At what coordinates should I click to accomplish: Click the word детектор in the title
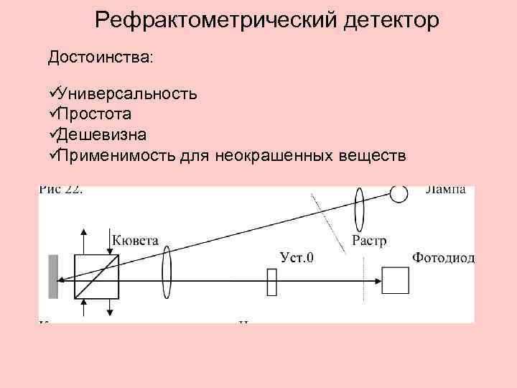381,20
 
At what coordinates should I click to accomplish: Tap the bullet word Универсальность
128,94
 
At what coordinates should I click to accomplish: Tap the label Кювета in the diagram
135,240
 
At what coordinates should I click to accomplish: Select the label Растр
369,241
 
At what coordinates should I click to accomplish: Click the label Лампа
445,190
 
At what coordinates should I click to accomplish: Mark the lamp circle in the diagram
399,193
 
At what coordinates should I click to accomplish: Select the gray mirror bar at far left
52,276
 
